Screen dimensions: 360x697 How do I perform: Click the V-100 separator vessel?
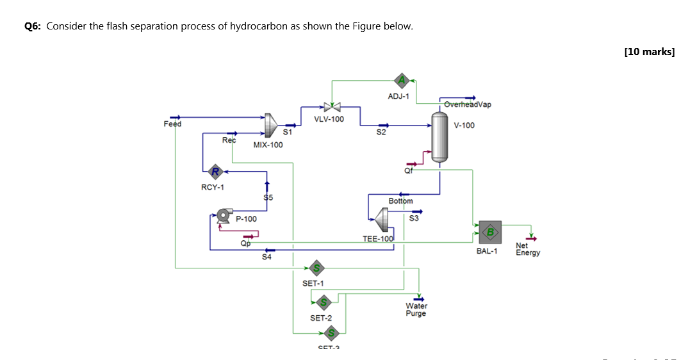click(439, 136)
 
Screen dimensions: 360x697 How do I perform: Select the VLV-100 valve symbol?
click(332, 106)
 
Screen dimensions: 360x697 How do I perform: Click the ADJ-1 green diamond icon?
click(402, 80)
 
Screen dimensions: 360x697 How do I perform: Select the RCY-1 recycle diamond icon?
click(215, 171)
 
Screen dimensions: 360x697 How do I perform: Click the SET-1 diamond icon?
click(316, 267)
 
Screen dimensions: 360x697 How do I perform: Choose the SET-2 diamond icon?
click(324, 302)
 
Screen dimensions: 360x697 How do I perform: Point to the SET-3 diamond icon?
click(332, 333)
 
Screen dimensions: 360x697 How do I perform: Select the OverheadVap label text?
click(468, 104)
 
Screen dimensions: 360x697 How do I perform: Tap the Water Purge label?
click(416, 309)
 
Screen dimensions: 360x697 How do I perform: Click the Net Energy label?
click(528, 249)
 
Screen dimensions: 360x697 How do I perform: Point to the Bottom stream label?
click(401, 200)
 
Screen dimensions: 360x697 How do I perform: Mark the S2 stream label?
click(381, 133)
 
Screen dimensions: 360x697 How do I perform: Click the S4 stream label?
click(267, 257)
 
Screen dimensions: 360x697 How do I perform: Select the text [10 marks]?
click(649, 52)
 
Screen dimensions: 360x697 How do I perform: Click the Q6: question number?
click(33, 26)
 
